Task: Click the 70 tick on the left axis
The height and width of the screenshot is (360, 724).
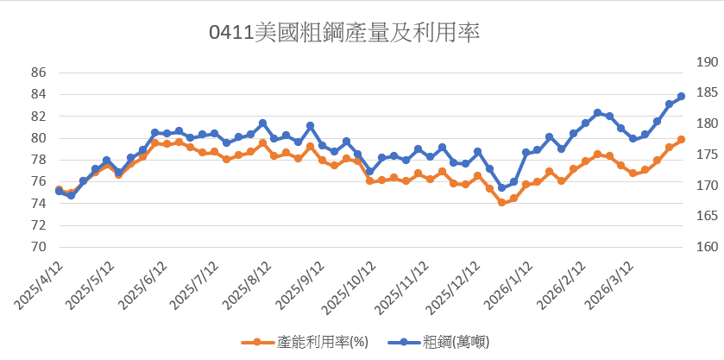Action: [x=38, y=247]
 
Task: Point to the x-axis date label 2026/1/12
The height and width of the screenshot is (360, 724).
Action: [x=505, y=286]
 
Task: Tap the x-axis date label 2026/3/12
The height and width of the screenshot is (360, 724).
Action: [x=608, y=286]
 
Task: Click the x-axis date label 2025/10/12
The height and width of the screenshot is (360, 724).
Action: [x=347, y=288]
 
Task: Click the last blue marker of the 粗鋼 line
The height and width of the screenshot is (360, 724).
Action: [x=681, y=97]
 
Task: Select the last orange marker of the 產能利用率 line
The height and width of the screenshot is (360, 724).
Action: [x=681, y=140]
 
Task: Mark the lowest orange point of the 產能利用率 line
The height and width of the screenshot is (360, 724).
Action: [x=501, y=203]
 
